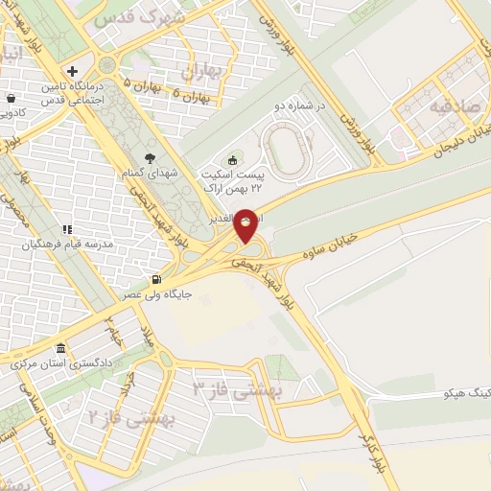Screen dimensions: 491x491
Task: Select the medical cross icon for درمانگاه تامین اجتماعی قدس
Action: (x=73, y=72)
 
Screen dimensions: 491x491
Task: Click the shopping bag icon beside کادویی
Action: (x=10, y=98)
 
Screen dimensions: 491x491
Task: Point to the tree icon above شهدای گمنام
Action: (x=148, y=158)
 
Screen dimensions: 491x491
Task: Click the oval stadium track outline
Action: (x=285, y=150)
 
